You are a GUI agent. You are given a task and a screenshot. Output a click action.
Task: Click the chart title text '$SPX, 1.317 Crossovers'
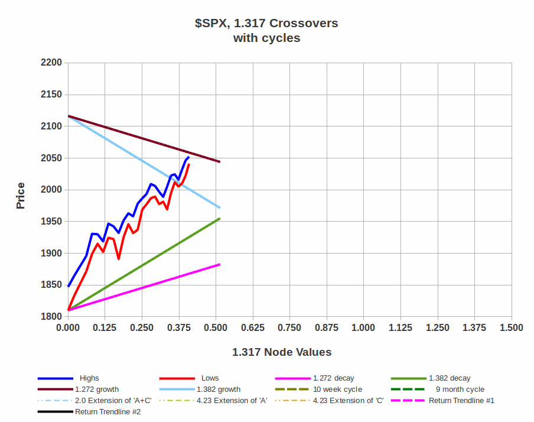[x=266, y=24]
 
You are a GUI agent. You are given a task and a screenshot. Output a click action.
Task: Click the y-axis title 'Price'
[x=21, y=196]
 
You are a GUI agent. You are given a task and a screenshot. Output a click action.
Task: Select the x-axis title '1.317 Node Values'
[x=282, y=352]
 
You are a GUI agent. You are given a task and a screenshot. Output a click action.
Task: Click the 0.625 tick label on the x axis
[x=253, y=328]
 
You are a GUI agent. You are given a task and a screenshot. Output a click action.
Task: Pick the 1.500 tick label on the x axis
[x=511, y=328]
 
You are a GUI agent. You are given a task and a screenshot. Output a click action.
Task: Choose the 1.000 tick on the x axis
[x=363, y=328]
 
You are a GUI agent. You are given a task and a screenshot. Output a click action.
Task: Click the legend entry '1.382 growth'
[x=218, y=389]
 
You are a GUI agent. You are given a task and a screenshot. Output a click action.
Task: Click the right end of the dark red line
[x=220, y=161]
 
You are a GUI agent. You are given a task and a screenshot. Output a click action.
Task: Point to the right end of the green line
[x=220, y=218]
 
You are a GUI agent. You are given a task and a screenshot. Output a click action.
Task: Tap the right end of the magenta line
[x=220, y=264]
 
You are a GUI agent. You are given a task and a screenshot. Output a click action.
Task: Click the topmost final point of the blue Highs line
[x=188, y=157]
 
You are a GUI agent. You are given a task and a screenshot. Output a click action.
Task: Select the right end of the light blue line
[x=220, y=207]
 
